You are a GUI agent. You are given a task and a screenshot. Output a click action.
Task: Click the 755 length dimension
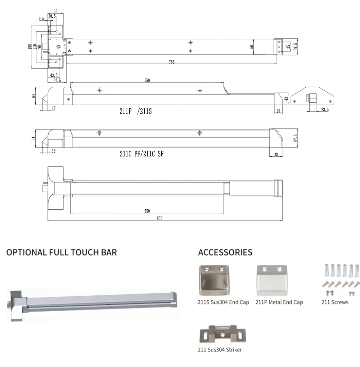172,62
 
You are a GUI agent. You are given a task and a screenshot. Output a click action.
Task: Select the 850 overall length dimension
159,218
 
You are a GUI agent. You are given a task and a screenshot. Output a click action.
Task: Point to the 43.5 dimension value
53,75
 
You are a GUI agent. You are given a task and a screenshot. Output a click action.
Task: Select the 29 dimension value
278,111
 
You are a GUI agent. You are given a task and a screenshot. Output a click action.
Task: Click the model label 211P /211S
135,111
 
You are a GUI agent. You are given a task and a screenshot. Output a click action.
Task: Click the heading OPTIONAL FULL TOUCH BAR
61,252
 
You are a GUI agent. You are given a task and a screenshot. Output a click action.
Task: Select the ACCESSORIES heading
225,252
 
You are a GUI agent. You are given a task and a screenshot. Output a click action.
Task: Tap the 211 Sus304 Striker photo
221,335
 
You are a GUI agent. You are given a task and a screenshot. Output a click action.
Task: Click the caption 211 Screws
335,302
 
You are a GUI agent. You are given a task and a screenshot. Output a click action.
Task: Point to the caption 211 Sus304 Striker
220,350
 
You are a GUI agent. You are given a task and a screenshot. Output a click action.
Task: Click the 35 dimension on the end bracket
288,47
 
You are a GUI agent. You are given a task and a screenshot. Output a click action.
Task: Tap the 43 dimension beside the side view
286,99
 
